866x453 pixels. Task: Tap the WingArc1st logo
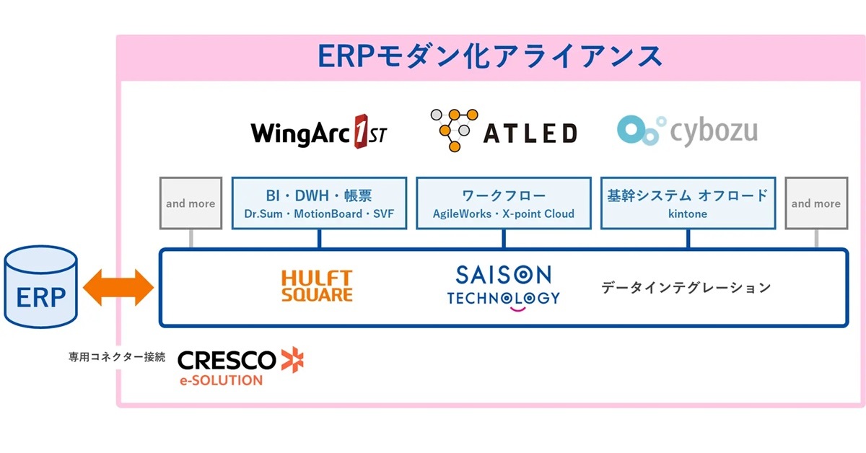click(x=318, y=132)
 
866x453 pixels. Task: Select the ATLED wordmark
click(x=530, y=133)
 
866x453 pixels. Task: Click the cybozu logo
click(x=687, y=130)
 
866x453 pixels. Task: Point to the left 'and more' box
click(x=191, y=203)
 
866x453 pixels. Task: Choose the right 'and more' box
click(x=816, y=203)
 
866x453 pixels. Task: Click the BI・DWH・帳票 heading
click(x=319, y=195)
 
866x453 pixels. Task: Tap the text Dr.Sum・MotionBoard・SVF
click(x=319, y=214)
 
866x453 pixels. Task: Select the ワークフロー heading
click(x=504, y=195)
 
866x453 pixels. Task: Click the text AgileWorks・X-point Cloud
click(x=504, y=214)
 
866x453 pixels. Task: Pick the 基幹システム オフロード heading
click(x=688, y=195)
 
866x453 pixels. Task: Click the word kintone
click(x=688, y=214)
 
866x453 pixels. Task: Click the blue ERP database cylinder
click(x=40, y=288)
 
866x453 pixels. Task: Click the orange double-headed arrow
click(x=119, y=288)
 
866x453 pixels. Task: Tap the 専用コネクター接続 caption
click(x=117, y=356)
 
